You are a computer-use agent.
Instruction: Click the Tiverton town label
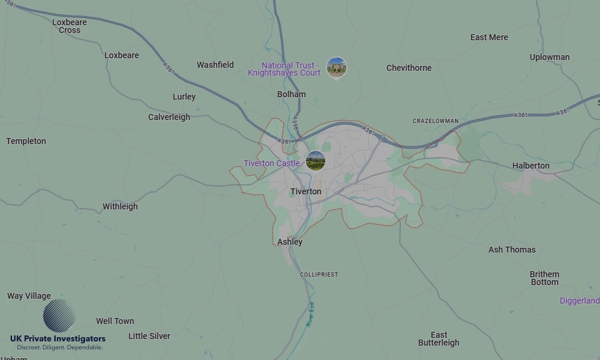(x=305, y=192)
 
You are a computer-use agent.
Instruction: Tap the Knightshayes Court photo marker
(x=336, y=68)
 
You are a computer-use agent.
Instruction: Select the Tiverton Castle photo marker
(x=315, y=161)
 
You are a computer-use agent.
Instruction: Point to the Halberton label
(x=530, y=166)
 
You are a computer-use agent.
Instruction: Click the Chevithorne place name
(x=409, y=68)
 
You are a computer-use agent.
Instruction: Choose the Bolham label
(x=292, y=94)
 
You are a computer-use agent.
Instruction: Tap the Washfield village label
(x=215, y=65)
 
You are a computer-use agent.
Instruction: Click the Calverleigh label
(x=169, y=117)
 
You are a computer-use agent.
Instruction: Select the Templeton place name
(x=26, y=141)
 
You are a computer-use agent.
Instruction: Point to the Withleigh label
(x=120, y=206)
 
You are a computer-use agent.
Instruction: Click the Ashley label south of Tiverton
(x=290, y=242)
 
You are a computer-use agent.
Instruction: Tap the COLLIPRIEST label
(x=319, y=274)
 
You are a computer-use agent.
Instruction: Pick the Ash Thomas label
(x=512, y=250)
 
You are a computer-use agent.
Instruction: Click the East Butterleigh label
(x=439, y=339)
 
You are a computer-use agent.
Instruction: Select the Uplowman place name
(x=550, y=57)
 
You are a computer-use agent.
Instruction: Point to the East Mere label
(x=489, y=37)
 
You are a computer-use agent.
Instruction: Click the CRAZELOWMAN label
(x=436, y=121)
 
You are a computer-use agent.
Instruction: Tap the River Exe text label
(x=310, y=314)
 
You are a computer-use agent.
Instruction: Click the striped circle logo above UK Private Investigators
(x=59, y=316)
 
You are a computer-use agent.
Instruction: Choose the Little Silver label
(x=149, y=336)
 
